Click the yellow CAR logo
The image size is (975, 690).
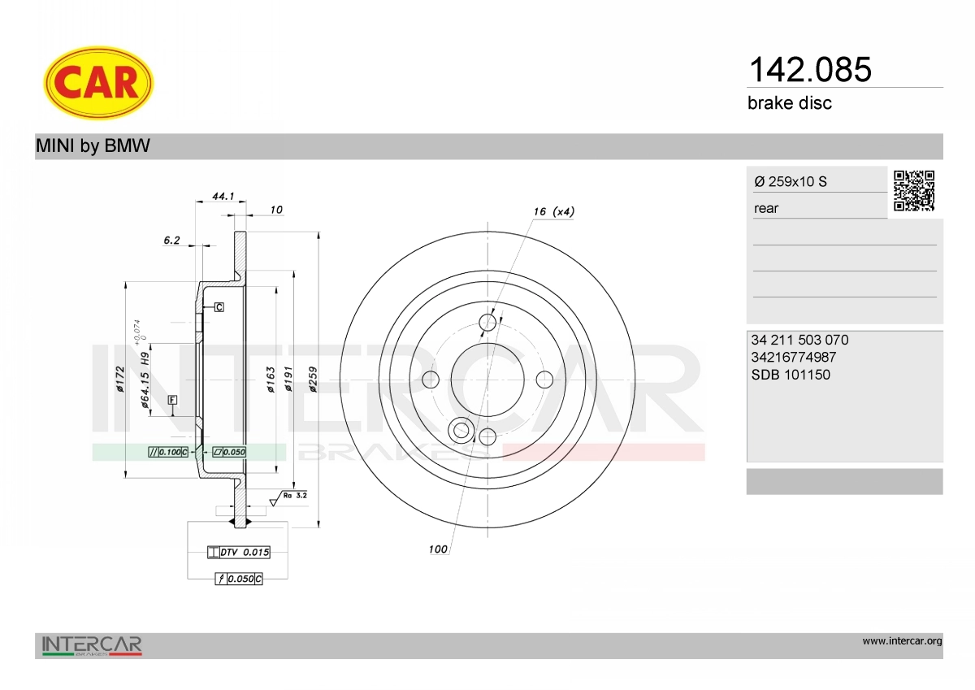click(98, 83)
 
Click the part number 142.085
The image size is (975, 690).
click(810, 70)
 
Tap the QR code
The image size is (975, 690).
click(914, 191)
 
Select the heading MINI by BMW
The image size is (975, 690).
click(93, 145)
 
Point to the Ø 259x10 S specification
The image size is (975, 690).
click(791, 181)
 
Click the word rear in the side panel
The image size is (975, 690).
click(766, 209)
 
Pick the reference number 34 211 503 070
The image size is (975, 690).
click(800, 340)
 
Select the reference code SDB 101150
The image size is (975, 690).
click(791, 375)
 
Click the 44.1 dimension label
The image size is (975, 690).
click(223, 197)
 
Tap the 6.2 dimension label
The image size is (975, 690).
click(171, 241)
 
